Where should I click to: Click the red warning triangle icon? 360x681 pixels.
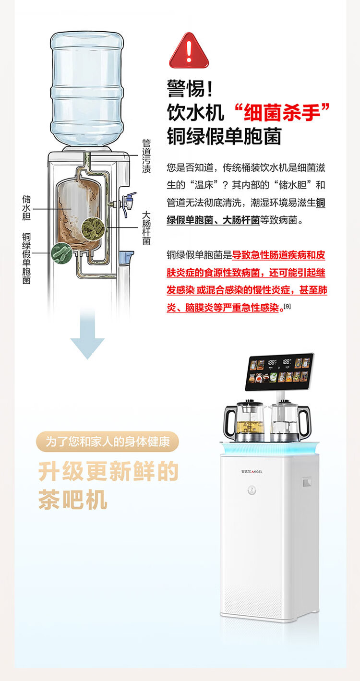pyautogui.click(x=189, y=52)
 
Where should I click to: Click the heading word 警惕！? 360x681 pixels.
pyautogui.click(x=189, y=90)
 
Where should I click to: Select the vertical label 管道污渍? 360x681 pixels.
pyautogui.click(x=146, y=156)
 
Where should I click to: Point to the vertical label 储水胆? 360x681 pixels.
pyautogui.click(x=27, y=208)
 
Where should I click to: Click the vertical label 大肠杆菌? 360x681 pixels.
pyautogui.click(x=146, y=228)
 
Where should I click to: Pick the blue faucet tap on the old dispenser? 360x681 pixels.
pyautogui.click(x=129, y=202)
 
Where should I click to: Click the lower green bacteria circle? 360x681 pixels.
pyautogui.click(x=61, y=252)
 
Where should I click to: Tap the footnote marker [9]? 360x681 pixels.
pyautogui.click(x=287, y=306)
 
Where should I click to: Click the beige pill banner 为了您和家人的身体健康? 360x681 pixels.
pyautogui.click(x=108, y=442)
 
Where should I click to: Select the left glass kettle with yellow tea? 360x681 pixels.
pyautogui.click(x=244, y=421)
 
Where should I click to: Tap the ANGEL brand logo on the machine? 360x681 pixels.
pyautogui.click(x=252, y=471)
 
